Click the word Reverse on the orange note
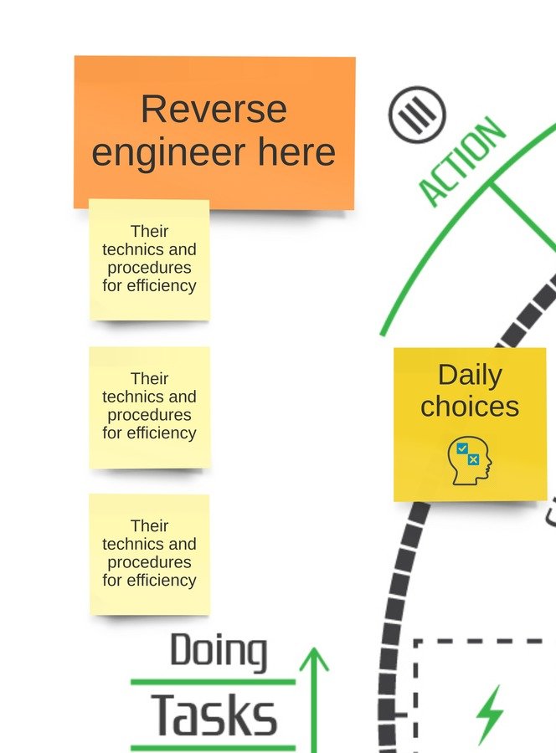click(x=214, y=110)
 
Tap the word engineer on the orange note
click(x=171, y=153)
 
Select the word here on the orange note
click(x=296, y=153)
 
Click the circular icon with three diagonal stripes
click(x=417, y=114)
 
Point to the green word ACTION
click(x=461, y=162)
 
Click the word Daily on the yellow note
click(x=470, y=375)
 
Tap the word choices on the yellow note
click(x=470, y=407)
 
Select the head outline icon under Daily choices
click(x=470, y=461)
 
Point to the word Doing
click(x=219, y=652)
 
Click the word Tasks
click(x=214, y=716)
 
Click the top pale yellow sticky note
click(x=149, y=259)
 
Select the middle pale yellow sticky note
click(x=149, y=407)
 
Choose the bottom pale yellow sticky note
click(x=149, y=554)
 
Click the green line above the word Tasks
click(x=214, y=682)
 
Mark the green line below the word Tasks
click(x=214, y=747)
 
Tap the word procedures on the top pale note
click(x=149, y=268)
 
